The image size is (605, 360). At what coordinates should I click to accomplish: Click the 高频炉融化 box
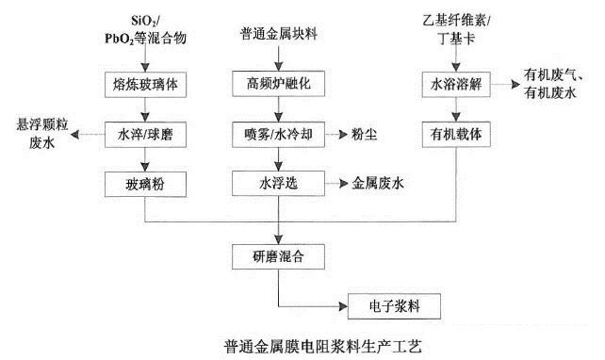[278, 84]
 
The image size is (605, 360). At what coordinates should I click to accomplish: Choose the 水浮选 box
[278, 181]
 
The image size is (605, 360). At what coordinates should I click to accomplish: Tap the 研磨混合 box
[278, 254]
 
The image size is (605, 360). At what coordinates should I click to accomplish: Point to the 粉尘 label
[364, 134]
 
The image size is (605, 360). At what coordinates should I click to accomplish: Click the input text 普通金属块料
[279, 35]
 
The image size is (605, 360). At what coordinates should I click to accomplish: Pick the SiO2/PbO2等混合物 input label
[146, 29]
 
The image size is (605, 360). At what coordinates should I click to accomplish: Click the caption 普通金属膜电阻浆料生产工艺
[312, 345]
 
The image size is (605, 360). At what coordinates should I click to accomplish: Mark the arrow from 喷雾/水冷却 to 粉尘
[333, 134]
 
